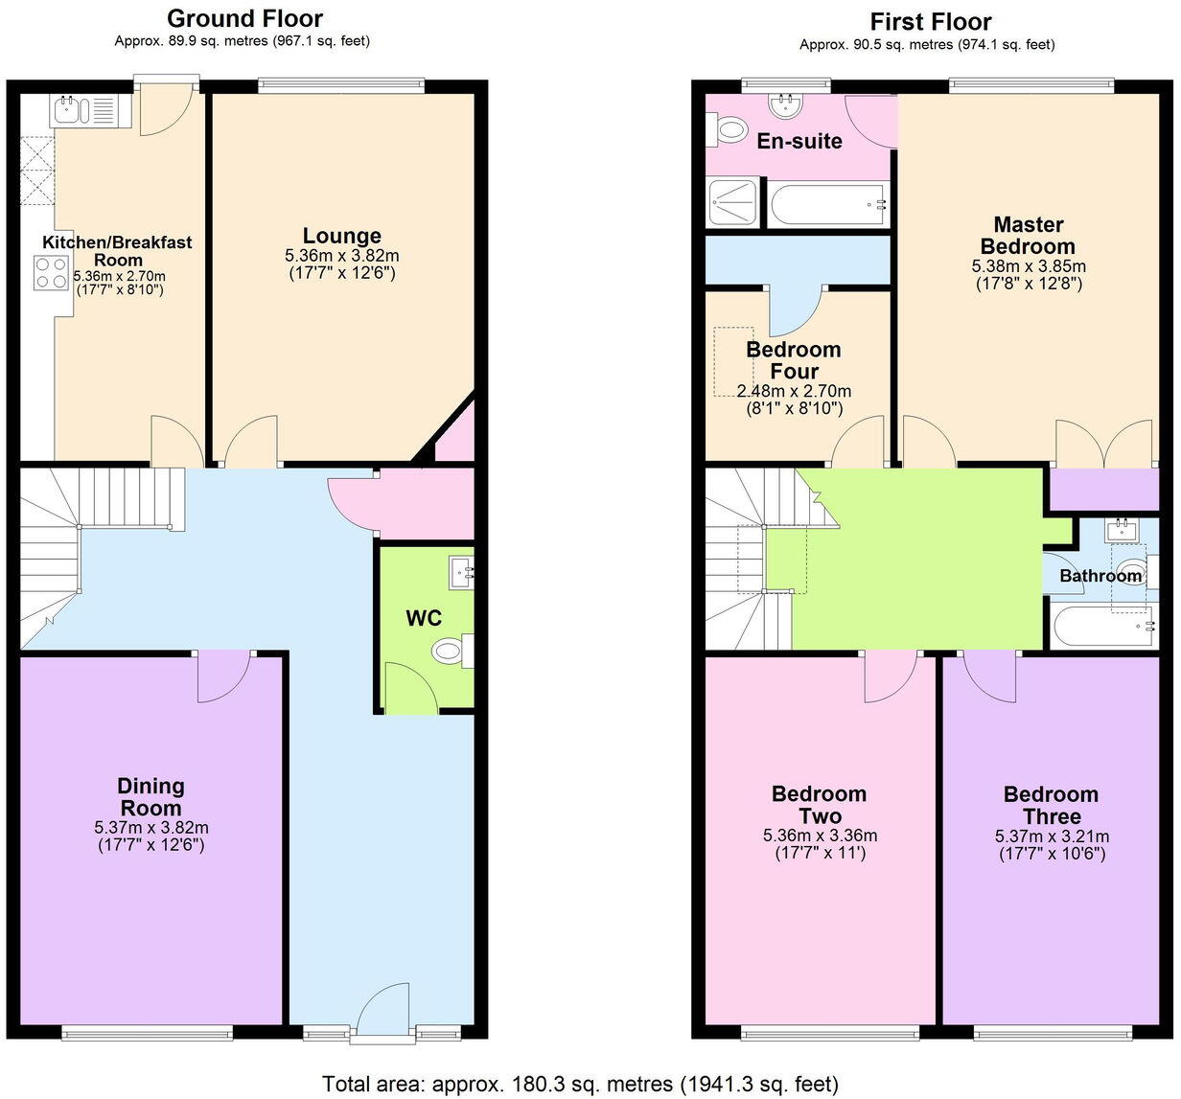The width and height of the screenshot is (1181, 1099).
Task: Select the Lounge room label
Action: (342, 236)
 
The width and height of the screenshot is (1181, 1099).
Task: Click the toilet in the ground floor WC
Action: (449, 652)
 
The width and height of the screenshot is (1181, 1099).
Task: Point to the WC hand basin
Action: (461, 573)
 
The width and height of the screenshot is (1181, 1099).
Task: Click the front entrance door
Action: (382, 1011)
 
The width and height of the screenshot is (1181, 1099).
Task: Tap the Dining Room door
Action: (223, 676)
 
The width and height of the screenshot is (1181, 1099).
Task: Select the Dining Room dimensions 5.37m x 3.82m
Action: (151, 828)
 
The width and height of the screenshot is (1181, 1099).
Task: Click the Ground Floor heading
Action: (244, 18)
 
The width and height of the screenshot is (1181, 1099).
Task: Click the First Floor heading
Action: (930, 21)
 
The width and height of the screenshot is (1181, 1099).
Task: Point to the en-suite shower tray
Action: (733, 204)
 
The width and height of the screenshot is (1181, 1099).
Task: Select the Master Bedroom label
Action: (1029, 236)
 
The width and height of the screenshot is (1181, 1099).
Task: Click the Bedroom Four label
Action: (794, 360)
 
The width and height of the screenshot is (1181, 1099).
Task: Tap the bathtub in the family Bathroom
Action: (1102, 628)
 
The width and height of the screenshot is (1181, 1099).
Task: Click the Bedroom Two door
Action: (892, 676)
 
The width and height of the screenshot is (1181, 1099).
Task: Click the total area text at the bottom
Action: (581, 1084)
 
